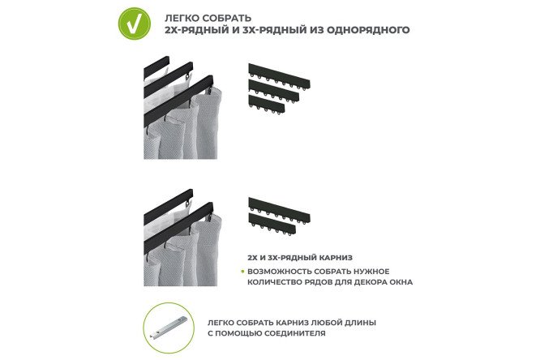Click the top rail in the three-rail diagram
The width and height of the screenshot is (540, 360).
click(x=279, y=75)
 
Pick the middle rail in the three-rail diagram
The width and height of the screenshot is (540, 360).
click(x=273, y=90)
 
